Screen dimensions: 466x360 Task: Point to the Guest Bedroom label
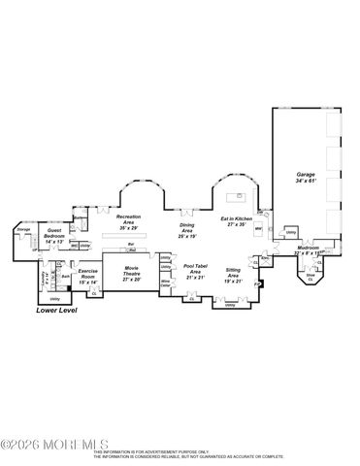click(55, 234)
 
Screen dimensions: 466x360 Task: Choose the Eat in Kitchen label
click(237, 219)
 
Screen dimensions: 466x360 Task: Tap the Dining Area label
click(187, 229)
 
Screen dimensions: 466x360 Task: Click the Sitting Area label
click(233, 273)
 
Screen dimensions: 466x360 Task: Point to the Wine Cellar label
click(165, 283)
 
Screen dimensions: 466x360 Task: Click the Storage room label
click(23, 231)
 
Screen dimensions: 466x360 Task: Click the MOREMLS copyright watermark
click(44, 447)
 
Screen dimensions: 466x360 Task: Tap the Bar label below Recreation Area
click(129, 244)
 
